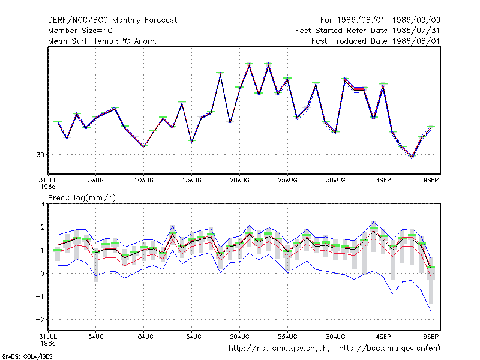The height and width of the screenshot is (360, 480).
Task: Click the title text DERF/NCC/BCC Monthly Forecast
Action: [112, 20]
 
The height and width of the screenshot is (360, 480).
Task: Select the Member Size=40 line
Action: [80, 31]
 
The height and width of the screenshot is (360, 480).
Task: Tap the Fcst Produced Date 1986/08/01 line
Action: [376, 41]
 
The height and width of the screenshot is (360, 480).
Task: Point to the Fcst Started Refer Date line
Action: [367, 31]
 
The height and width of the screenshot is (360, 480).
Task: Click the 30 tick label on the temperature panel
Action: [40, 155]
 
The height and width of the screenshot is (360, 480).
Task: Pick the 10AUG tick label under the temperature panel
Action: [143, 181]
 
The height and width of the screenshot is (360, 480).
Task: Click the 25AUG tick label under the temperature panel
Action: [287, 181]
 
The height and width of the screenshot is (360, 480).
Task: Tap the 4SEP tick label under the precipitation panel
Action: [383, 337]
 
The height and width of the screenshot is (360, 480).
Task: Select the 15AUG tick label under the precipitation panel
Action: [191, 337]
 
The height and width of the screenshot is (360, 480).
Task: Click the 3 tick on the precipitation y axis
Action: [42, 204]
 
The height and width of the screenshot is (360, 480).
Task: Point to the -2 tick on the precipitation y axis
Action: [40, 320]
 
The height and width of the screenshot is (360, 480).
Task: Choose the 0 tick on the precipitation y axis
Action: [42, 274]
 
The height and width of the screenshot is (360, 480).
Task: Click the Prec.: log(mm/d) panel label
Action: [82, 198]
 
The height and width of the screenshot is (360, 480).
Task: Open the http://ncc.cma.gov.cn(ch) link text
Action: [279, 349]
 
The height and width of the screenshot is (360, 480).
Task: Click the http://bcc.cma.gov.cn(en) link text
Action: [389, 349]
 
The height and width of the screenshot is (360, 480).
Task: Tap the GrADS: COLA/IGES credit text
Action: [27, 356]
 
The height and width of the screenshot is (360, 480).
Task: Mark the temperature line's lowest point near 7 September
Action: [412, 158]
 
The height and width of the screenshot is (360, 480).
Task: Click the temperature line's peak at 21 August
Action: [249, 65]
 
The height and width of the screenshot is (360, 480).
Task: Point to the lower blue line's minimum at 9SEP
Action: [431, 311]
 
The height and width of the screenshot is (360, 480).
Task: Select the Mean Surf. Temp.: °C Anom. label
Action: [103, 41]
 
